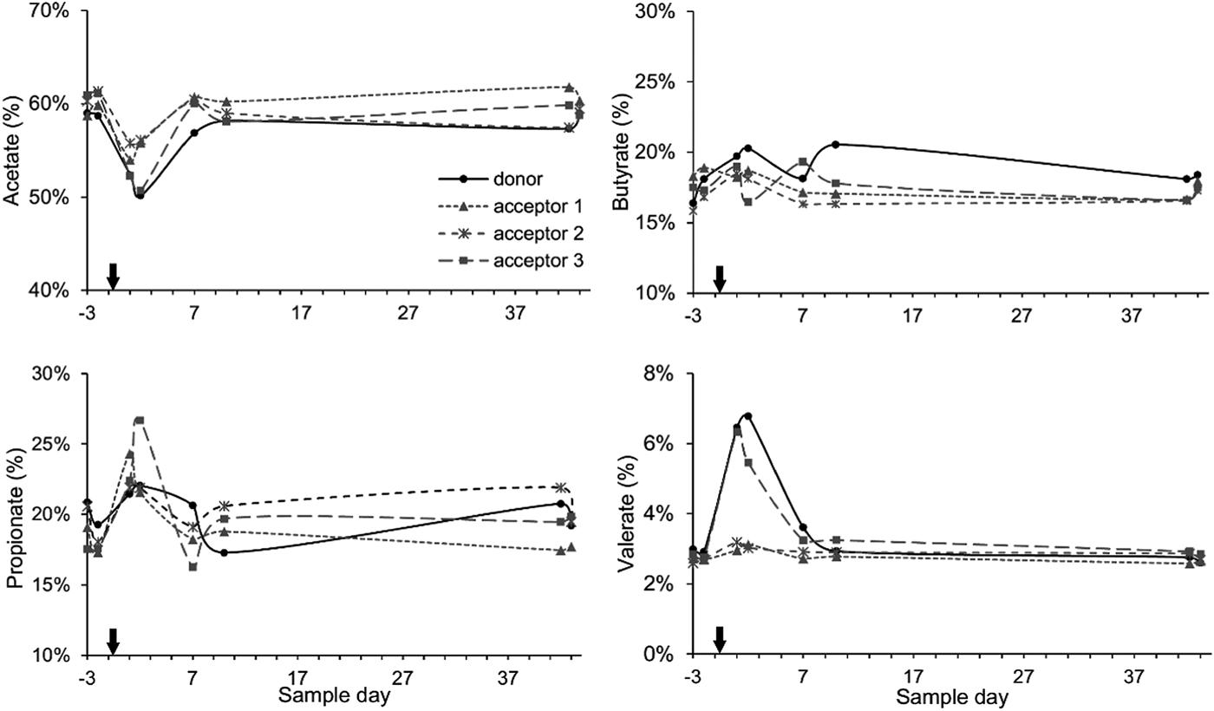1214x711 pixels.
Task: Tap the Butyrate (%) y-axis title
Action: coord(621,152)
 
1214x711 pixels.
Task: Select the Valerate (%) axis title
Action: coord(621,514)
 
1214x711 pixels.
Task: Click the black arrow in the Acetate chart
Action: coord(112,277)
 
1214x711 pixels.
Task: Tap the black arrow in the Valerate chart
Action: coord(719,640)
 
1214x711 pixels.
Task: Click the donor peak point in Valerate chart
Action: coord(747,416)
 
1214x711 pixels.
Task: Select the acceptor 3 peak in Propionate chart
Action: coord(139,421)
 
